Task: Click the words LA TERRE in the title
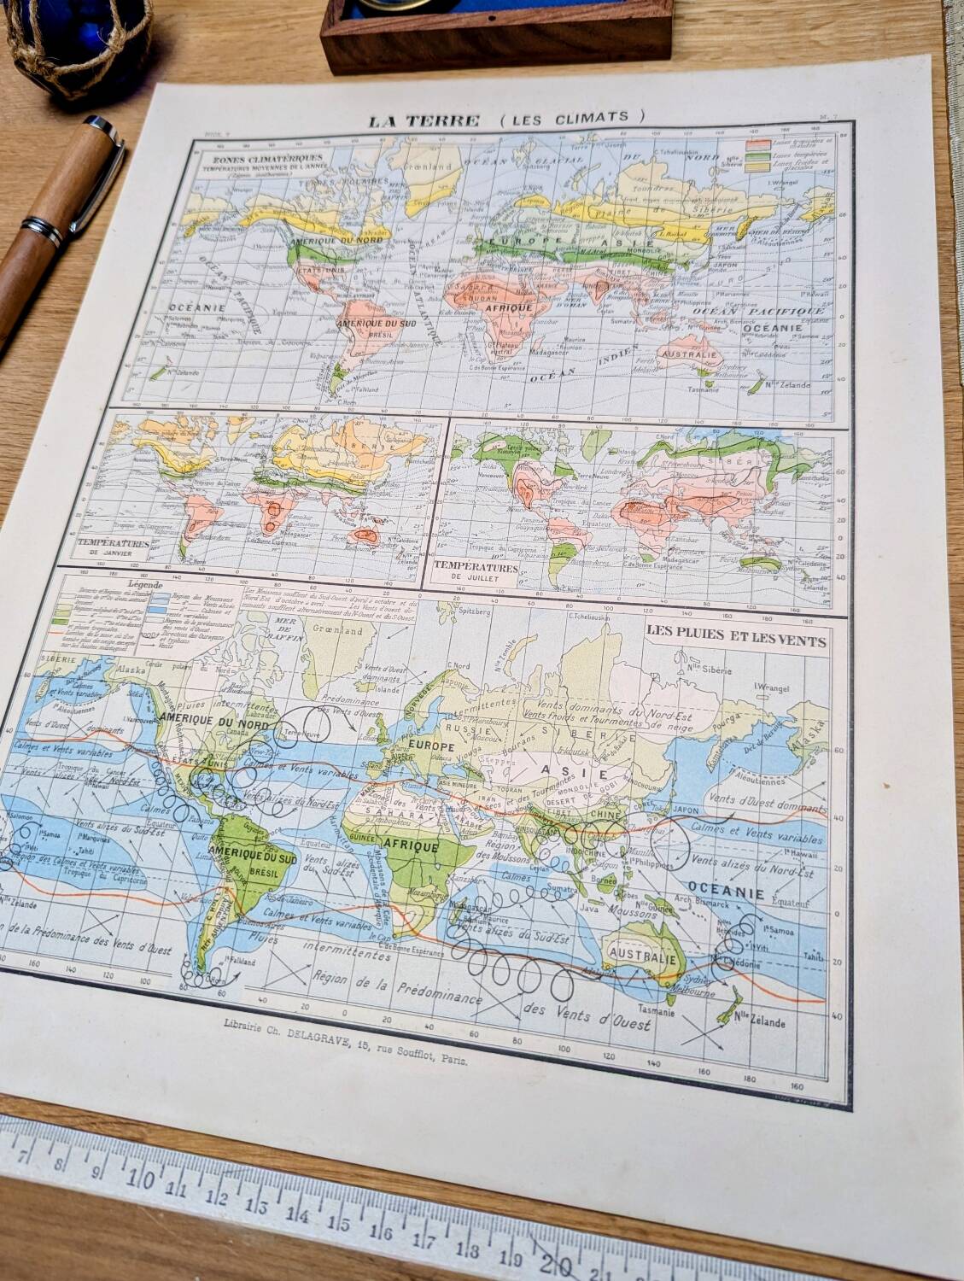click(423, 120)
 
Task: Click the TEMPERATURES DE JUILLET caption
click(476, 570)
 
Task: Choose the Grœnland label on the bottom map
click(340, 630)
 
